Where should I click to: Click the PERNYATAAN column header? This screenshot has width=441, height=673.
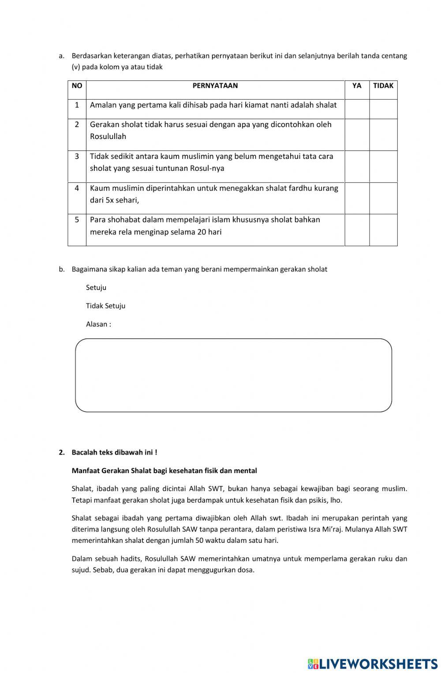pyautogui.click(x=215, y=86)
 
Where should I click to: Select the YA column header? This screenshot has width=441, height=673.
pyautogui.click(x=357, y=86)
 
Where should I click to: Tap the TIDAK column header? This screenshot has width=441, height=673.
pyautogui.click(x=383, y=86)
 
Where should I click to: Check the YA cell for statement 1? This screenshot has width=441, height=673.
pyautogui.click(x=357, y=109)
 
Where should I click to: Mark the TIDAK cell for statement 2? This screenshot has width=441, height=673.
pyautogui.click(x=383, y=135)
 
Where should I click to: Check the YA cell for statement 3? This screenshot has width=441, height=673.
pyautogui.click(x=357, y=166)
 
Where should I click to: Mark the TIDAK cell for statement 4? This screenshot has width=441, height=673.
pyautogui.click(x=383, y=198)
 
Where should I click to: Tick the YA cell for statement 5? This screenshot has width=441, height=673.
pyautogui.click(x=357, y=230)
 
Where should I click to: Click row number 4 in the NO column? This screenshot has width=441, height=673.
pyautogui.click(x=77, y=188)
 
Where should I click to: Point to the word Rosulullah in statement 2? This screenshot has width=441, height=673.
pyautogui.click(x=108, y=137)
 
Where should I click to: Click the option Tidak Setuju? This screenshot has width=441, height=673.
pyautogui.click(x=105, y=306)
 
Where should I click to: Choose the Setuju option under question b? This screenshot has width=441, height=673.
pyautogui.click(x=96, y=288)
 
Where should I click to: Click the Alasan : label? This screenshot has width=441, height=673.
pyautogui.click(x=98, y=324)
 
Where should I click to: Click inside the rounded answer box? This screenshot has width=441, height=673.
pyautogui.click(x=233, y=375)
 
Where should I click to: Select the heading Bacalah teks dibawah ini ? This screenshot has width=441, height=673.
pyautogui.click(x=114, y=452)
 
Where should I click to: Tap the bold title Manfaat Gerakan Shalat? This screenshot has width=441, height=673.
pyautogui.click(x=164, y=471)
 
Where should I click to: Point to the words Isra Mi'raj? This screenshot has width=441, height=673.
pyautogui.click(x=324, y=529)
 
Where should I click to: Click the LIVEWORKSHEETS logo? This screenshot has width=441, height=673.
pyautogui.click(x=373, y=664)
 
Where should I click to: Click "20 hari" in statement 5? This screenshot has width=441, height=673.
pyautogui.click(x=209, y=232)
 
